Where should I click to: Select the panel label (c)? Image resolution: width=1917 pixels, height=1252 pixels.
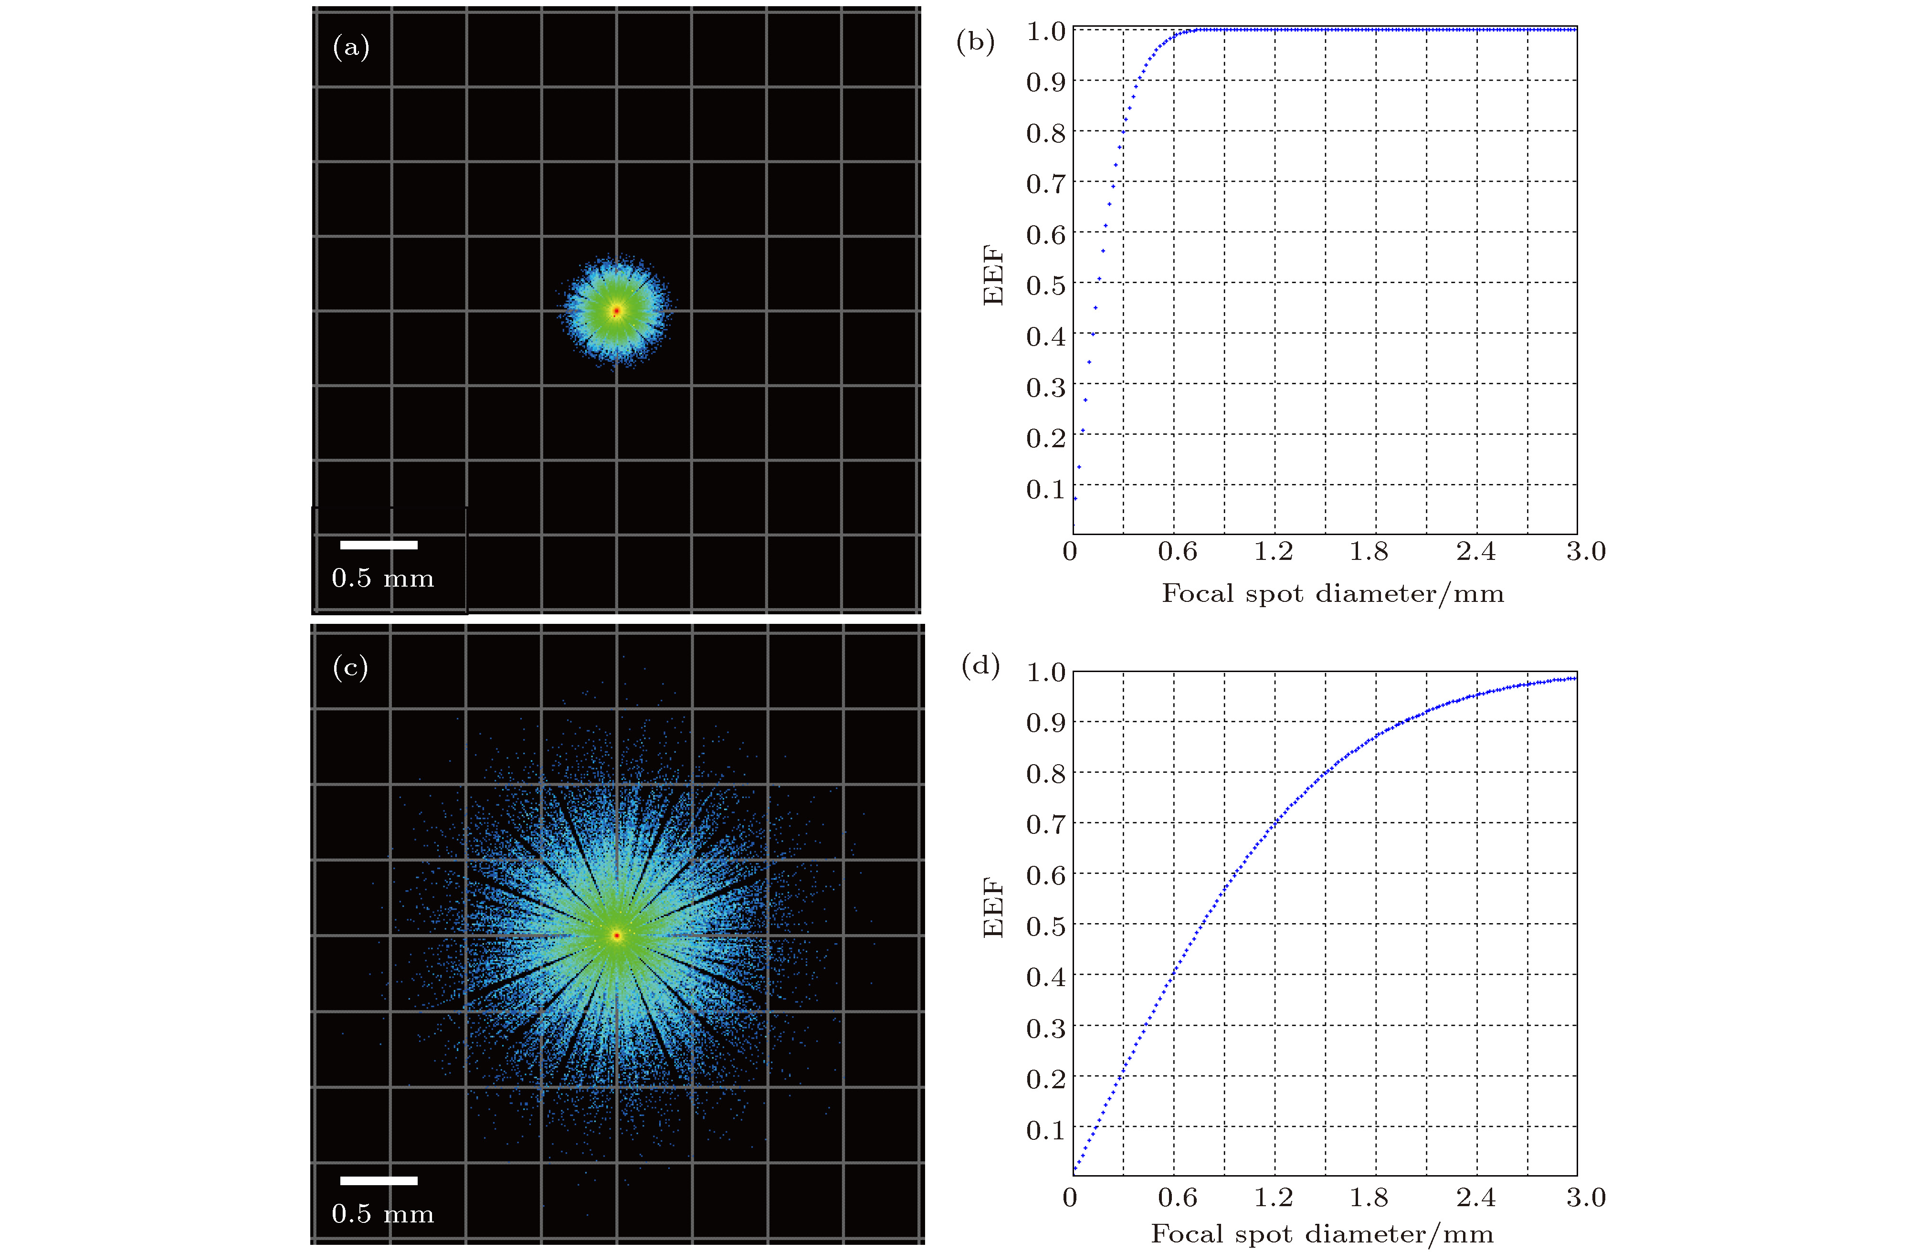point(350,667)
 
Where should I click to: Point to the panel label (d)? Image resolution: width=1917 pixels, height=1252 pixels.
point(980,665)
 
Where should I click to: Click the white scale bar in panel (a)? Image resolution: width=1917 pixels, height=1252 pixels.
point(379,545)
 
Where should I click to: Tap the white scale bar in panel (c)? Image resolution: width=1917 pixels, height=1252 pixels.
point(379,1181)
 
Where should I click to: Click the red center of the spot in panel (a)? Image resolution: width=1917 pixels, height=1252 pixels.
point(616,310)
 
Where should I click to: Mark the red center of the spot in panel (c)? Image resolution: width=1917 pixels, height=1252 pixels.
point(616,936)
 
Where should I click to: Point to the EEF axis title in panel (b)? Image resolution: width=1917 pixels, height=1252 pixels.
point(993,275)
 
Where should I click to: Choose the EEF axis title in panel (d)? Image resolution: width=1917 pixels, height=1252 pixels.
point(993,908)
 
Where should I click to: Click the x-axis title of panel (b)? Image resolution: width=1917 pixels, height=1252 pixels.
point(1332,594)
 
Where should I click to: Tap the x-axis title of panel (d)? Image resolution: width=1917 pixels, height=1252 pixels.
point(1322,1234)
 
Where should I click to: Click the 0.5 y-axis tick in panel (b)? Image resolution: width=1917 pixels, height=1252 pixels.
point(1045,285)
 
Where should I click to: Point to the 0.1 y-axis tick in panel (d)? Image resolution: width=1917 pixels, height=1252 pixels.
point(1045,1130)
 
